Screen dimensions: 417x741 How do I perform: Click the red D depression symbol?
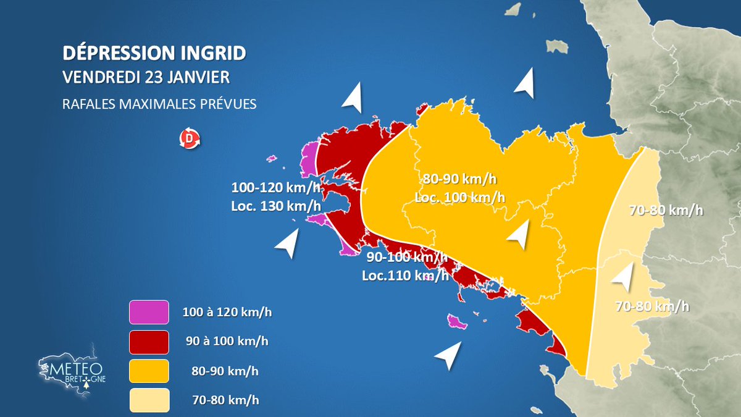pos(190,140)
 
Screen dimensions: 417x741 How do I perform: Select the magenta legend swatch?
pos(149,312)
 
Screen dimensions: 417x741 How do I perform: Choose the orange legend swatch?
pos(149,371)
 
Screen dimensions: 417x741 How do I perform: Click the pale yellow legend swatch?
pos(149,400)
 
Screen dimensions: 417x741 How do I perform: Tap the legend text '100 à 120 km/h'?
pos(227,312)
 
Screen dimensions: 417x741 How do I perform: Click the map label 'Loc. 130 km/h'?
pos(276,206)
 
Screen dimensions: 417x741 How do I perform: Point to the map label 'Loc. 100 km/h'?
pos(460,198)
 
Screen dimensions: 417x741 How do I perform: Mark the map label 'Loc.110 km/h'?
pos(405,276)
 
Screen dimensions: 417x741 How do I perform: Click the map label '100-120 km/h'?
pos(276,187)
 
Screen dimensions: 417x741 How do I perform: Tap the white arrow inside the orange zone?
pos(519,234)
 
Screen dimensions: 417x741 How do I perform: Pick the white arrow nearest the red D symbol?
pos(353,97)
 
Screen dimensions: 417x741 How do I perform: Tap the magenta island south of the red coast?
pos(456,321)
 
